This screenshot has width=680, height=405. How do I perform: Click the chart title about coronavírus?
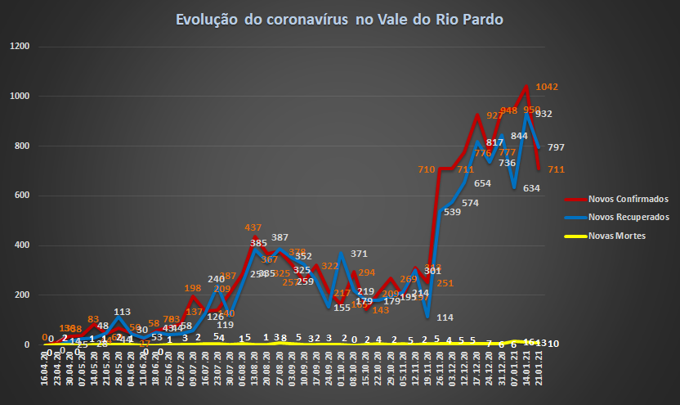pos(339,19)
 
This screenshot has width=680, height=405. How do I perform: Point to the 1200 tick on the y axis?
pos(20,47)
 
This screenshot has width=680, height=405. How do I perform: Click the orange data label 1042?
pos(547,87)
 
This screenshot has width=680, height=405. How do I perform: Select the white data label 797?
pos(556,147)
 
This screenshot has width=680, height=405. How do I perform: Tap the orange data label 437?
pos(253,227)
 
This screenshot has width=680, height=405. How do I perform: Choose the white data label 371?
pos(359,254)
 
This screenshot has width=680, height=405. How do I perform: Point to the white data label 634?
pos(531,188)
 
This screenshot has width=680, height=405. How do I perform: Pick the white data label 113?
pos(123,312)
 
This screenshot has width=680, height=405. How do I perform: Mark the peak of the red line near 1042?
pos(525,86)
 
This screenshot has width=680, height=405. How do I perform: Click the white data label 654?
pos(482,183)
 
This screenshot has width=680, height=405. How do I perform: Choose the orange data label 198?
pos(193,288)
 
